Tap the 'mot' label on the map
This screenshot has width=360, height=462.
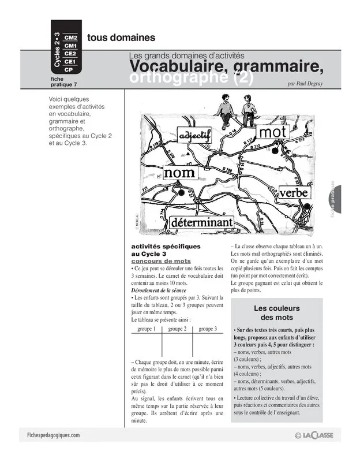[273, 133]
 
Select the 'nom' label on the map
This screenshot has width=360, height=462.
[179, 173]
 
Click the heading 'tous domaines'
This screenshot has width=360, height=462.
[121, 38]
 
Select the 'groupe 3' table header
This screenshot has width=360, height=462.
[208, 329]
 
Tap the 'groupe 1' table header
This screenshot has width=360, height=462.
[147, 329]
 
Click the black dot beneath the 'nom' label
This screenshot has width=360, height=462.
[181, 191]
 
